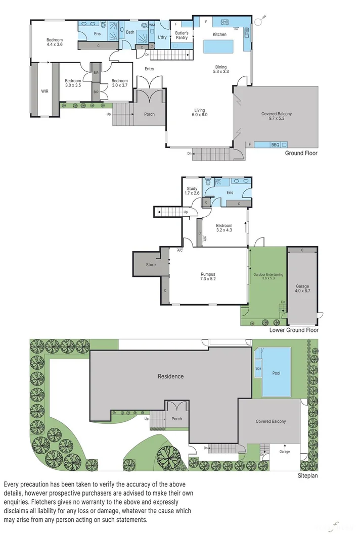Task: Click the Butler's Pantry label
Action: click(x=182, y=35)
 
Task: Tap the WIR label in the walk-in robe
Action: click(x=44, y=91)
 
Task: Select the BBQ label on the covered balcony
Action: click(x=275, y=145)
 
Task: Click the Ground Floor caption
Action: click(x=301, y=153)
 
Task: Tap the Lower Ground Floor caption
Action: click(x=294, y=330)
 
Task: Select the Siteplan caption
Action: click(x=307, y=475)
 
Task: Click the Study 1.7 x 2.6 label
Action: click(x=192, y=191)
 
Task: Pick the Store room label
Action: click(x=151, y=265)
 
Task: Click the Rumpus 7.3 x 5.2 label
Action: click(x=208, y=276)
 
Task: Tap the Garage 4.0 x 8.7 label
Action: click(x=302, y=289)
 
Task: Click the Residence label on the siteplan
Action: click(x=170, y=376)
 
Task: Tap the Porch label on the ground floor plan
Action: click(x=149, y=114)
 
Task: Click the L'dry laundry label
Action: click(x=162, y=37)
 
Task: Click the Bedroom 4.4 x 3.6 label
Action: click(x=55, y=42)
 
